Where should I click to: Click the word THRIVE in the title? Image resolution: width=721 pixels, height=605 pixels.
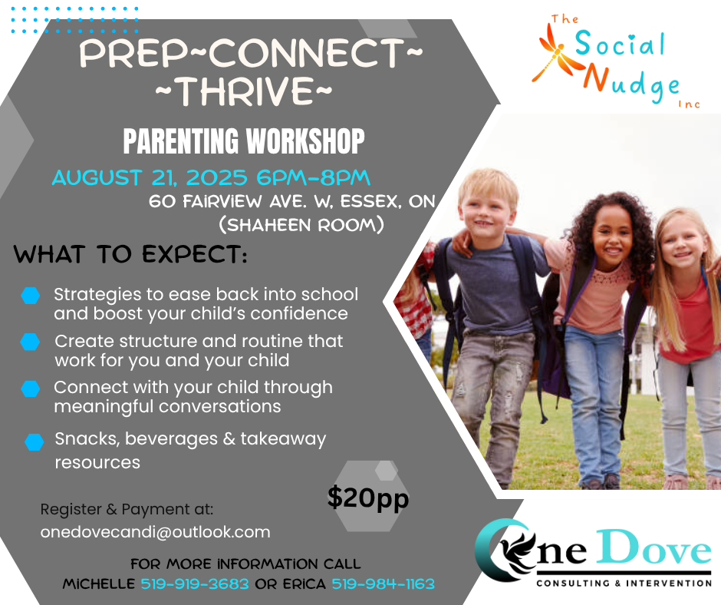[x=244, y=91]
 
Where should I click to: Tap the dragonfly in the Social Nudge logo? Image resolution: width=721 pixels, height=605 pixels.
[x=553, y=55]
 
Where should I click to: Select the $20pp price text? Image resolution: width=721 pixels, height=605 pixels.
[x=368, y=498]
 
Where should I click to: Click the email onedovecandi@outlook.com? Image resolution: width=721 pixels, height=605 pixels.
[x=156, y=532]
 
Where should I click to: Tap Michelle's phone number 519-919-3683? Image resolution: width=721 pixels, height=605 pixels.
[x=195, y=584]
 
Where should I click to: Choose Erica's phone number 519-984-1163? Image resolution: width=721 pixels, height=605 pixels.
[x=383, y=584]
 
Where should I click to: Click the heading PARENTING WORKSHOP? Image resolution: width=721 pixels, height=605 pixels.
[x=244, y=141]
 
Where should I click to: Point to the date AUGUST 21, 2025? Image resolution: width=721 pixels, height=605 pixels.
[x=150, y=177]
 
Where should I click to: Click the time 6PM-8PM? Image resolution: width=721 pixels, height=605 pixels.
[x=313, y=177]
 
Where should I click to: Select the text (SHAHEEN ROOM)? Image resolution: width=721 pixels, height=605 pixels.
[x=301, y=225]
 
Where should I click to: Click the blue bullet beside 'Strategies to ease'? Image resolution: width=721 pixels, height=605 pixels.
[x=31, y=296]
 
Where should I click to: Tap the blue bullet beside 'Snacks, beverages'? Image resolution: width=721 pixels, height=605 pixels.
[x=34, y=442]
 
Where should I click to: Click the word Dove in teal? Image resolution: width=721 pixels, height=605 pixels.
[x=654, y=547]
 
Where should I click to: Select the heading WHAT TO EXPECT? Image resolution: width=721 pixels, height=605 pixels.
[x=130, y=254]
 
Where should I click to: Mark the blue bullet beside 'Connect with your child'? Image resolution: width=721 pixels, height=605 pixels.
[x=31, y=389]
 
